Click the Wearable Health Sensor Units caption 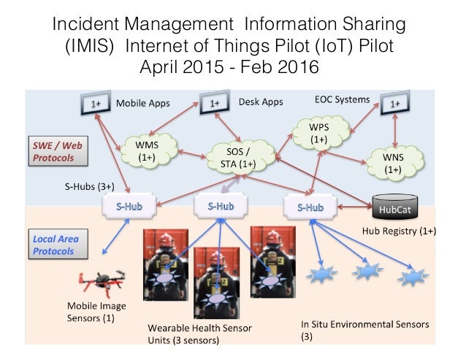[199, 333]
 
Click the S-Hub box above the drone [130, 207]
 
